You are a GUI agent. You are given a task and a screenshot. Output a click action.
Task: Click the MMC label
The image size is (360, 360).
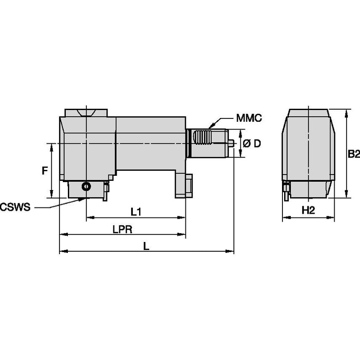(x=249, y=118)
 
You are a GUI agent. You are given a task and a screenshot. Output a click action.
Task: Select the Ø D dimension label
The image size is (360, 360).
(x=252, y=144)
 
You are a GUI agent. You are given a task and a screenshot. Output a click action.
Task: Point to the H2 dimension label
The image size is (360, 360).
(x=308, y=210)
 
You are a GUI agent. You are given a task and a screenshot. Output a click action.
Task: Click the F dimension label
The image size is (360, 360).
(x=45, y=171)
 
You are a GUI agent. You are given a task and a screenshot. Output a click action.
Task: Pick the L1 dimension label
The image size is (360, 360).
(x=136, y=211)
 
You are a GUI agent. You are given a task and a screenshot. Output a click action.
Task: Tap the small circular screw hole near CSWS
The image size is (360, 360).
(x=86, y=186)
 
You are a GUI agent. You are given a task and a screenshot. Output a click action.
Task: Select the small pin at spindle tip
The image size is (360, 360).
(x=232, y=143)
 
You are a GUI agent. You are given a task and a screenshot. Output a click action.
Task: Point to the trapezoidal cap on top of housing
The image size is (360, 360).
(x=86, y=113)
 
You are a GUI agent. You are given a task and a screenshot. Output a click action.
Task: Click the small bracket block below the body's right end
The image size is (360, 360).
(x=184, y=185)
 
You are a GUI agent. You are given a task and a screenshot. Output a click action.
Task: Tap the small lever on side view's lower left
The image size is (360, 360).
(x=287, y=191)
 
